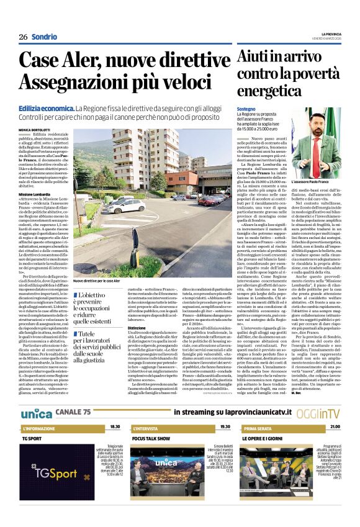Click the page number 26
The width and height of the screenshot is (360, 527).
[x=23, y=37]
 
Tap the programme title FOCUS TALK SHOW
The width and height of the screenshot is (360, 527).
[x=151, y=438]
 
